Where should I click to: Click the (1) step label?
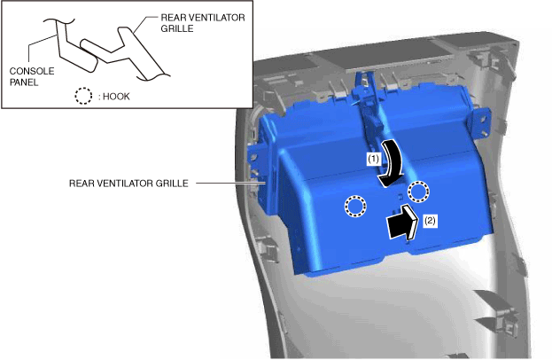(374, 157)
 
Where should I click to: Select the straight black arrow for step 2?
(401, 223)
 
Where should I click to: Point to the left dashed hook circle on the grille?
(354, 207)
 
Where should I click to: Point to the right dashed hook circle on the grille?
(417, 190)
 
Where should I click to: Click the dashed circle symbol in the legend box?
(82, 95)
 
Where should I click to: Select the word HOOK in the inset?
(115, 95)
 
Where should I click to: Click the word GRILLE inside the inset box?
(176, 27)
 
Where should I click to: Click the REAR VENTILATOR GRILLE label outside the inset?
(128, 184)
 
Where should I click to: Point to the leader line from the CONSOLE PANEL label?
(40, 53)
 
